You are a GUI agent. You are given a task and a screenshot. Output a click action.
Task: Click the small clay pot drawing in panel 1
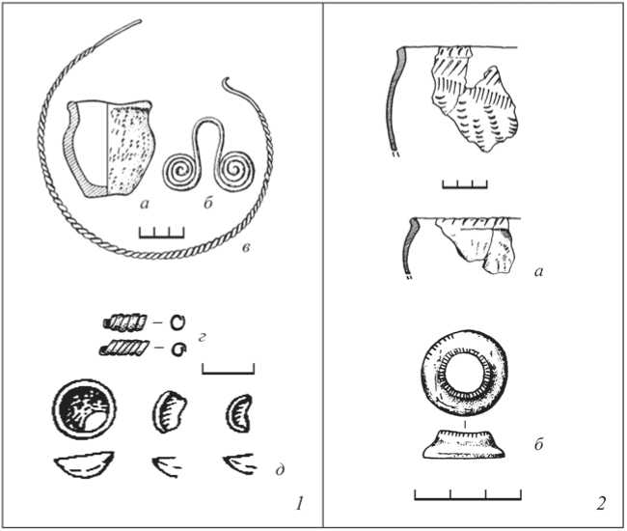point(108,149)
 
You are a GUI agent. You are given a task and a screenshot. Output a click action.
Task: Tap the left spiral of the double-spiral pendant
point(180,171)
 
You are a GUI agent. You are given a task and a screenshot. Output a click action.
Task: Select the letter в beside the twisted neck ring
point(246,248)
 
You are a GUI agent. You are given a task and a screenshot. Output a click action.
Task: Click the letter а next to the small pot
point(145,204)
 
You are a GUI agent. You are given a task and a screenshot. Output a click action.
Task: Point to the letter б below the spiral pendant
point(208,203)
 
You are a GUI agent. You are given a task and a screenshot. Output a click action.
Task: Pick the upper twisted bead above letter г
point(124,322)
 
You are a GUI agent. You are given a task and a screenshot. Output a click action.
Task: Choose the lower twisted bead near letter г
point(124,349)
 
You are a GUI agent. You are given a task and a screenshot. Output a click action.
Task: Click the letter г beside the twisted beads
point(202,338)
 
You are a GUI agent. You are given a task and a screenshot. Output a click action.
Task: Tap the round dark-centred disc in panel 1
point(84,410)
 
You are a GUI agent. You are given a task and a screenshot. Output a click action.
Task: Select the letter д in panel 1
point(280,468)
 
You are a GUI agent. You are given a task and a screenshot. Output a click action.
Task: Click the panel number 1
point(299,503)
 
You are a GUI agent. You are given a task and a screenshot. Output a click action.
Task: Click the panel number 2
point(601,503)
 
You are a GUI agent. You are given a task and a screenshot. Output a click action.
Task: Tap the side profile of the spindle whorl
point(464,444)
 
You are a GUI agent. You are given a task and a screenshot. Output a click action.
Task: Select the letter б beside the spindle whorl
point(538,443)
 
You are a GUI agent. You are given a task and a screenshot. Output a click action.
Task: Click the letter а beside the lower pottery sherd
point(538,272)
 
